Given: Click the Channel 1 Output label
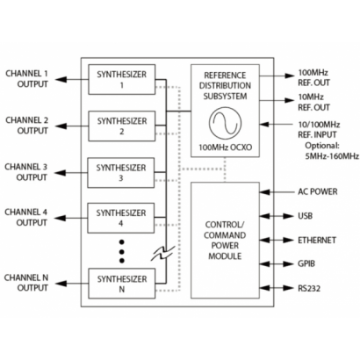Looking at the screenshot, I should click(27, 79).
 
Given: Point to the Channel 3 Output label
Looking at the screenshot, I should click(27, 171).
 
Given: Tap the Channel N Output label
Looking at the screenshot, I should click(27, 282).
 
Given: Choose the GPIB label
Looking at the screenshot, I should click(306, 263).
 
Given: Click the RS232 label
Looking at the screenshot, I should click(308, 287).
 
